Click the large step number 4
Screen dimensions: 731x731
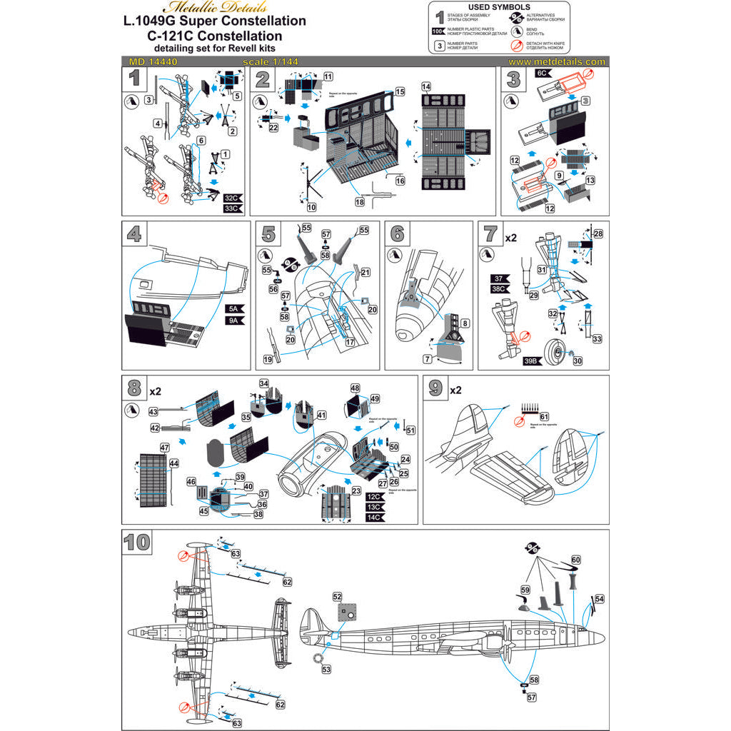(136, 235)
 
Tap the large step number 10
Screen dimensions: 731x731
(137, 543)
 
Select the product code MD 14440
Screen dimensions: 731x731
(150, 62)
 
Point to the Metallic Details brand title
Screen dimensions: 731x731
(216, 8)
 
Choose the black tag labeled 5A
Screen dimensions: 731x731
(235, 309)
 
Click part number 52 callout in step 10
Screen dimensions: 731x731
(338, 595)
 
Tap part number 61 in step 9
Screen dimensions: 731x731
(544, 416)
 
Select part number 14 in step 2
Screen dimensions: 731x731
(426, 86)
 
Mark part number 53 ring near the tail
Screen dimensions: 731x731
(327, 670)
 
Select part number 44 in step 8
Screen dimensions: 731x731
(173, 463)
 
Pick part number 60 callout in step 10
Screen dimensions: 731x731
(575, 560)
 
